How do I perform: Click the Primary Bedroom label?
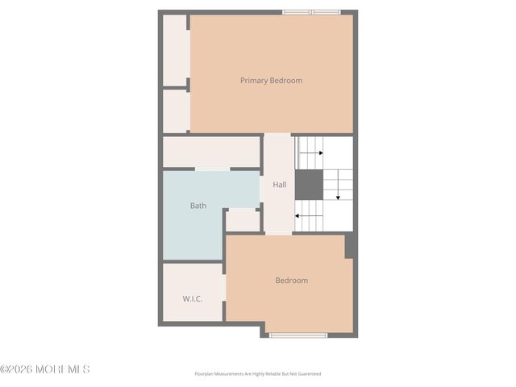271,81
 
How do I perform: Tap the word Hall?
279,185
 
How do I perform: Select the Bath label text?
198,206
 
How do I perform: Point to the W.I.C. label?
192,299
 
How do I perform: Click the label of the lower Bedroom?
291,281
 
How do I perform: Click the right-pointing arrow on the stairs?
312,152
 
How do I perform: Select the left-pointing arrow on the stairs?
308,215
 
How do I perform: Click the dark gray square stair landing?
308,185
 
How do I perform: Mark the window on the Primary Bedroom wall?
311,12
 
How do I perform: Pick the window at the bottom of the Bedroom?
298,335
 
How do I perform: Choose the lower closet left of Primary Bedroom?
176,110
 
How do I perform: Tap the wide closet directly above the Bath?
211,152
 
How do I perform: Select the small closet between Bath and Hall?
243,220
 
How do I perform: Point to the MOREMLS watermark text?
61,369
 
